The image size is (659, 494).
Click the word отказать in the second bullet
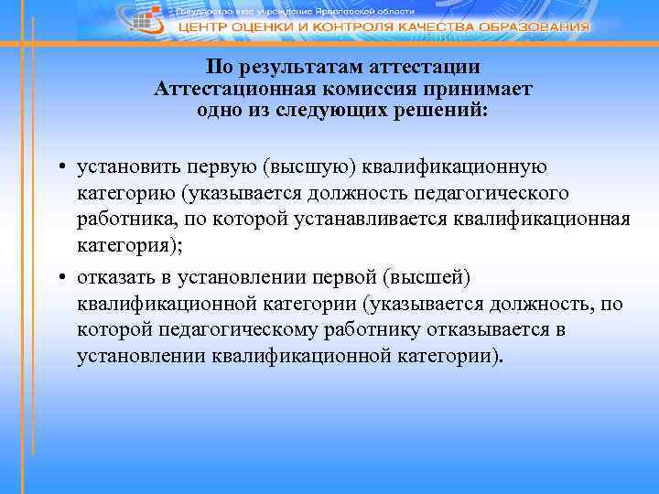point(121,276)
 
